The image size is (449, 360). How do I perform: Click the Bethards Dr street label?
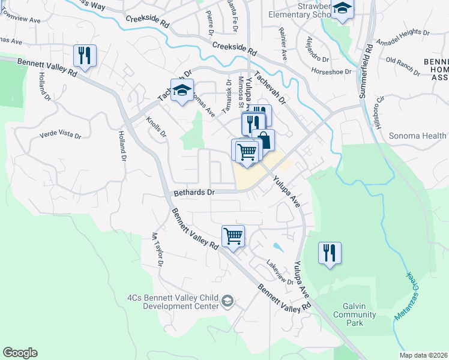194,193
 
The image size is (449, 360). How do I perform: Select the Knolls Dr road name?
156,127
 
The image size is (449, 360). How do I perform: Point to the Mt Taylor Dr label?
158,250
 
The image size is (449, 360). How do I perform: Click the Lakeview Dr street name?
280,274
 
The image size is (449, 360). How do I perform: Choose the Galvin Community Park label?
354,315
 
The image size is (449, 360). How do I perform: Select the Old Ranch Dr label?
402,61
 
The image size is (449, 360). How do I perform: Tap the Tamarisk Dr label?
228,97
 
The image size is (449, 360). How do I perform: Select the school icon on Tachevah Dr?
182,91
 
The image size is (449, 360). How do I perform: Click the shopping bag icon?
263,140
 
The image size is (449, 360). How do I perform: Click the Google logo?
20,353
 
